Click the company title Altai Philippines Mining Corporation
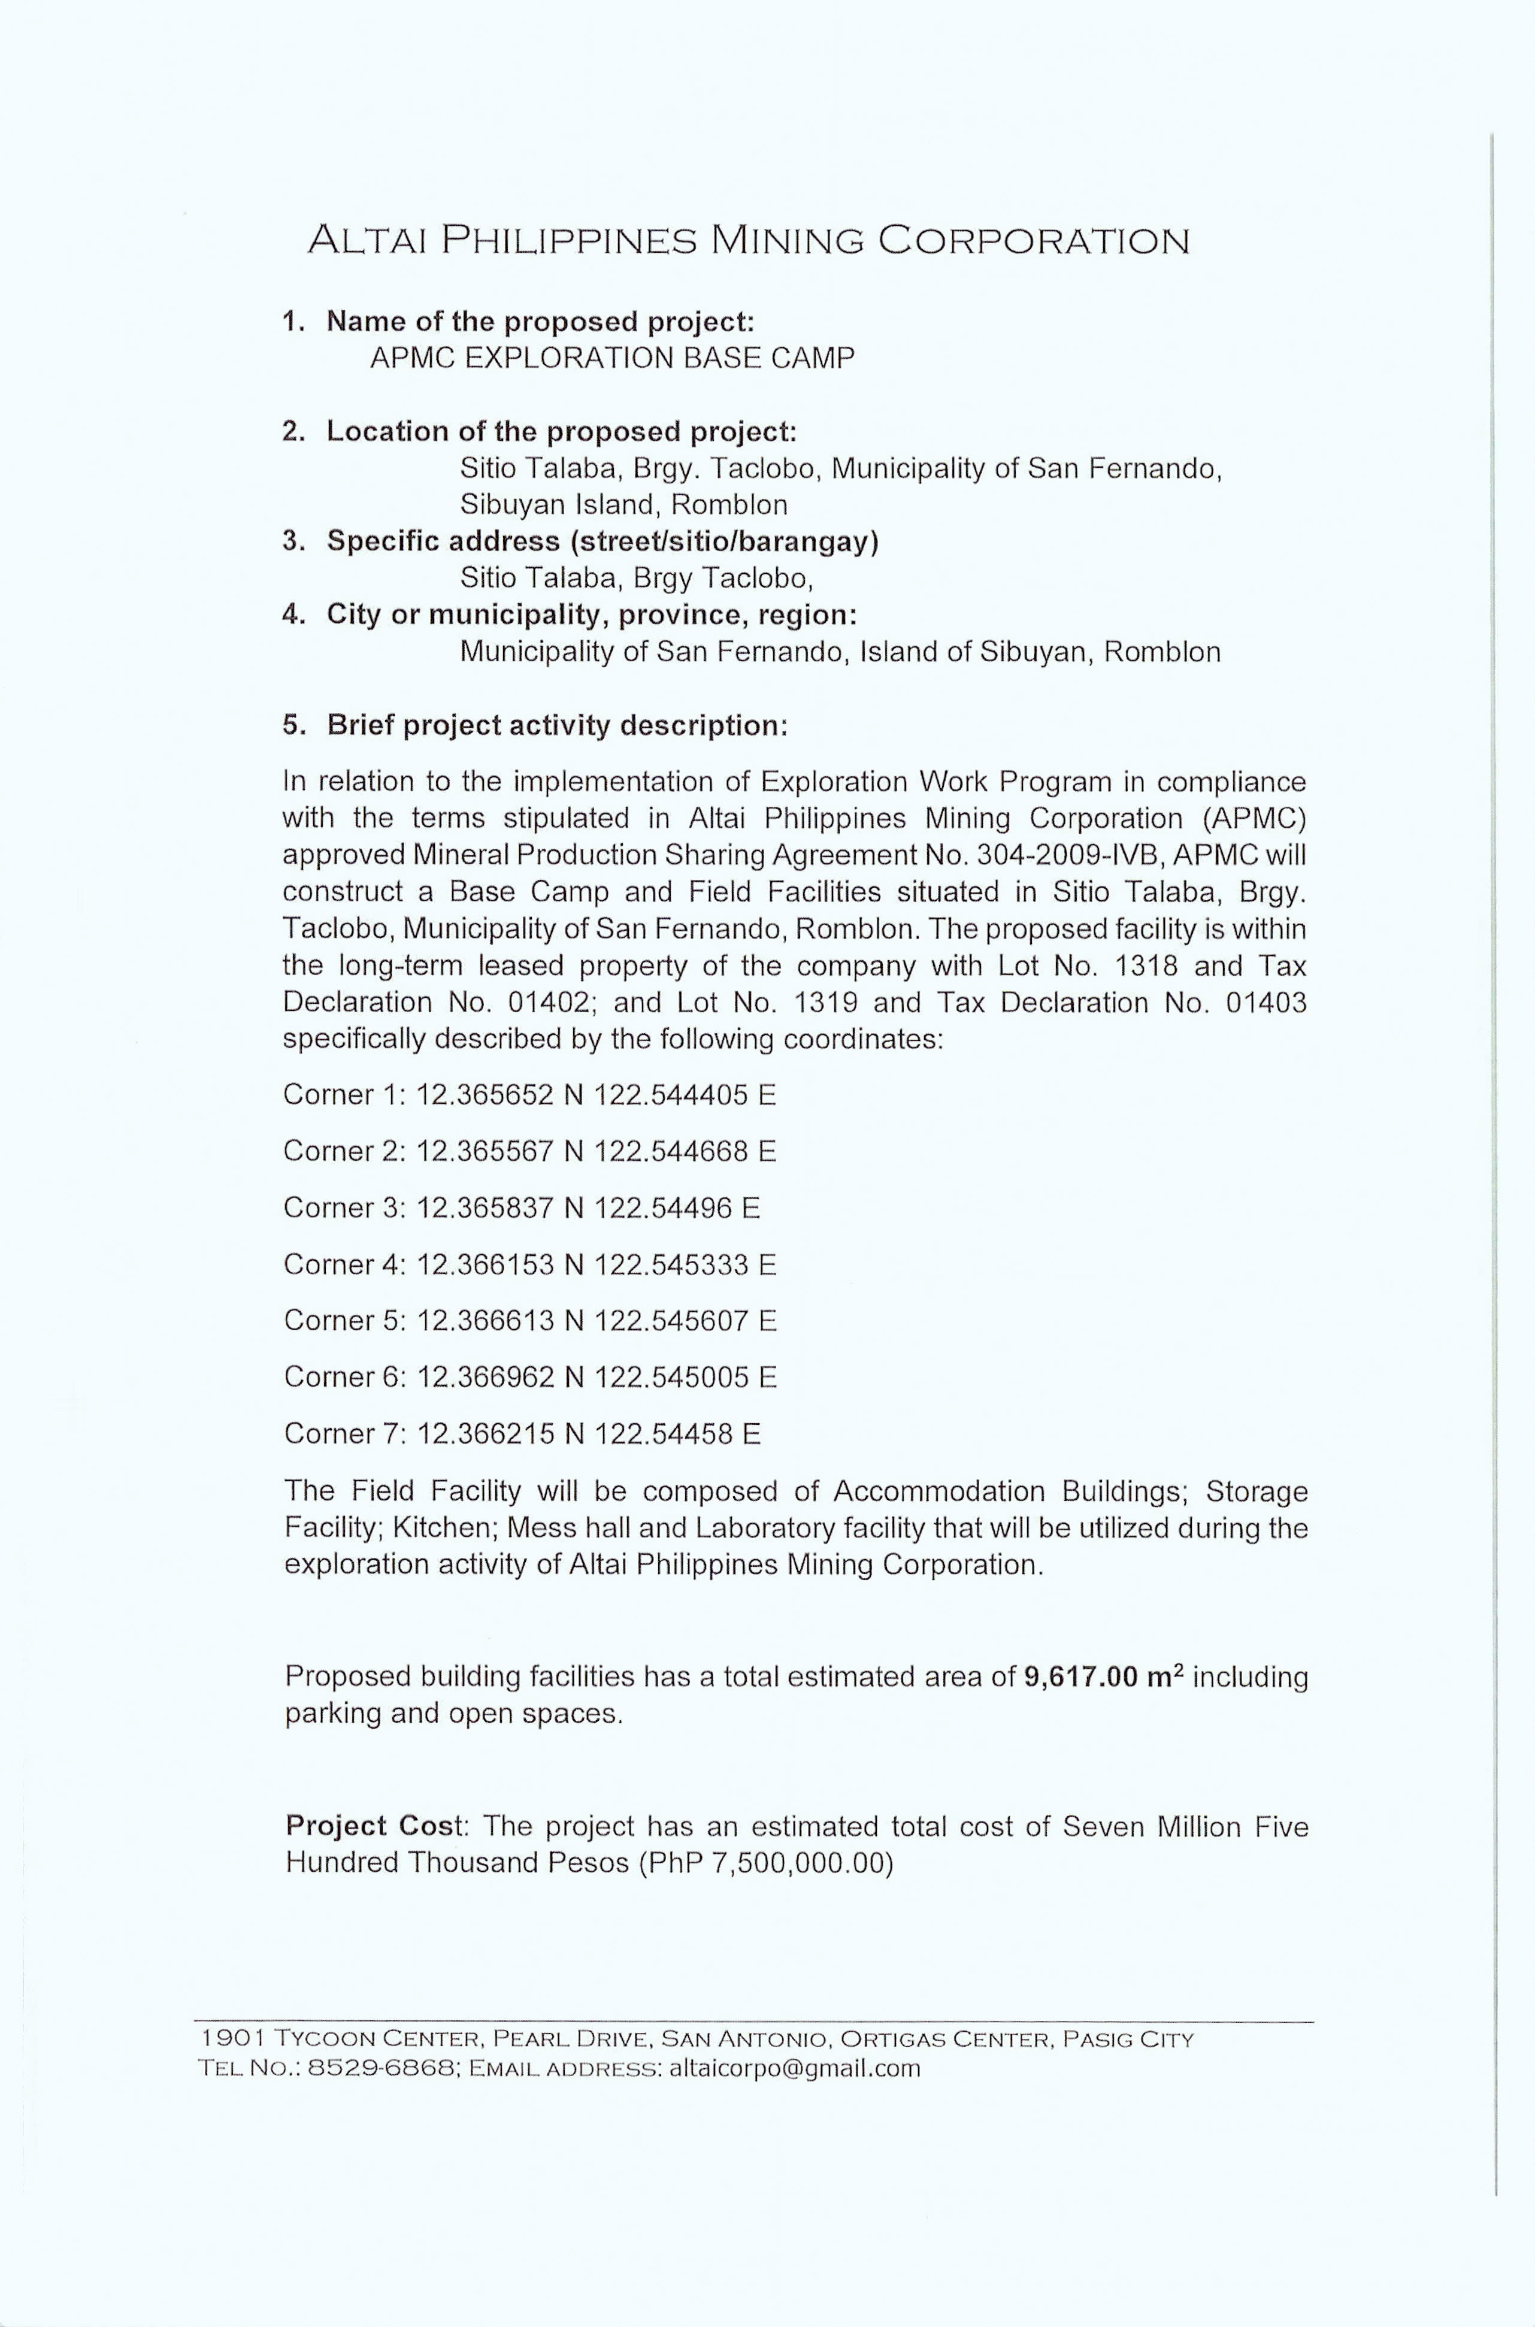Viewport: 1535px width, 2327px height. (749, 240)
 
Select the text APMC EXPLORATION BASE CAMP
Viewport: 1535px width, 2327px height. (612, 358)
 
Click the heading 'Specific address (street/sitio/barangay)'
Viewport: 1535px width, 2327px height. (602, 541)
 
